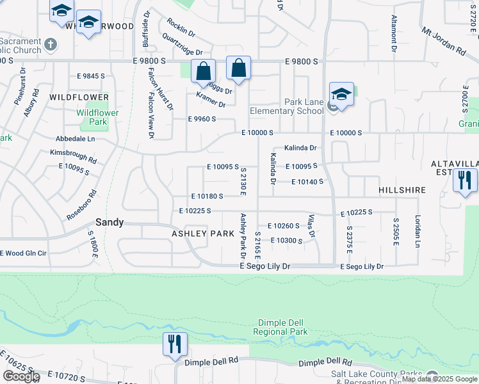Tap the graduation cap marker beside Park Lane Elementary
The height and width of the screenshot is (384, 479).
(341, 95)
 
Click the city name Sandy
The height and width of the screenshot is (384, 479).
(109, 223)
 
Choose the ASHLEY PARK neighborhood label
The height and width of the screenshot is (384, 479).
(202, 234)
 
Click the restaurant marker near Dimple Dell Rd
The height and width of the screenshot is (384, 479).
(175, 344)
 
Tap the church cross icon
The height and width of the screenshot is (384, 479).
(51, 45)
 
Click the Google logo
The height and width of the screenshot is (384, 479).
(20, 377)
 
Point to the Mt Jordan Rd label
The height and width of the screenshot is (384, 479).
(443, 40)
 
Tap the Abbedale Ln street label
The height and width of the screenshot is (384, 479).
(75, 138)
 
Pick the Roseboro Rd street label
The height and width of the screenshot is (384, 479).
(81, 205)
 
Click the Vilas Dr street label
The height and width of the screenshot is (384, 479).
(311, 225)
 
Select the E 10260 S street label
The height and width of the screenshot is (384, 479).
(283, 225)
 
